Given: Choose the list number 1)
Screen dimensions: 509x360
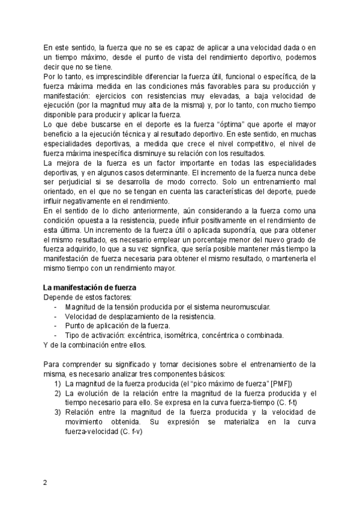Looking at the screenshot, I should (x=58, y=383).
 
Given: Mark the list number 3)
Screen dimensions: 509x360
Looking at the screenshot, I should (x=58, y=412).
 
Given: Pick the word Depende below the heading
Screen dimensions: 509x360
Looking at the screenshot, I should (x=58, y=297).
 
